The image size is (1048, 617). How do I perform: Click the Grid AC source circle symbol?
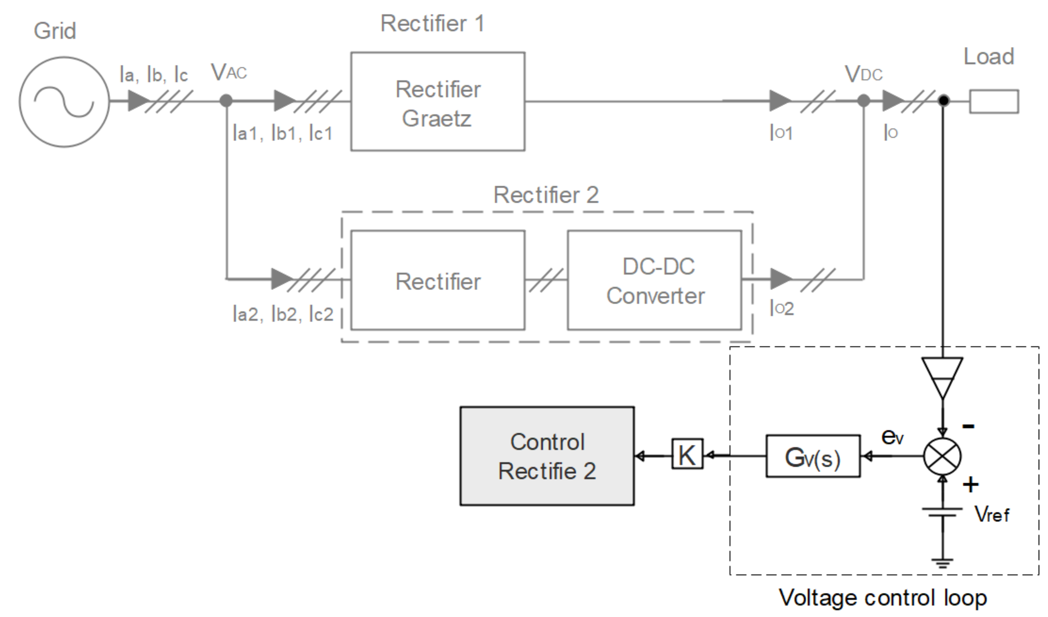pyautogui.click(x=64, y=102)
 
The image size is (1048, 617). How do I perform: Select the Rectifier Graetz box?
pyautogui.click(x=438, y=102)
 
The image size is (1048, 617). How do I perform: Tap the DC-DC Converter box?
pyautogui.click(x=655, y=281)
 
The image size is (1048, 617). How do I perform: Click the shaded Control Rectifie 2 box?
pyautogui.click(x=547, y=456)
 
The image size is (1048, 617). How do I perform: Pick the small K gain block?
pyautogui.click(x=687, y=454)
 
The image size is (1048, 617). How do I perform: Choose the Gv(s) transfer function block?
pyautogui.click(x=813, y=456)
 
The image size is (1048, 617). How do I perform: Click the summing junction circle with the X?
pyautogui.click(x=942, y=456)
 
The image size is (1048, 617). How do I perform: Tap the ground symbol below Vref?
pyautogui.click(x=942, y=563)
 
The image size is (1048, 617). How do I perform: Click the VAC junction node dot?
pyautogui.click(x=226, y=101)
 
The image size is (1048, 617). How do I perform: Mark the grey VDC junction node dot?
pyautogui.click(x=864, y=101)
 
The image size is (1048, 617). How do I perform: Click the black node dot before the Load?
pyautogui.click(x=944, y=101)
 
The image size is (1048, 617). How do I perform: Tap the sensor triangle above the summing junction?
pyautogui.click(x=943, y=377)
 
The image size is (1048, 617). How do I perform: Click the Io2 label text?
pyautogui.click(x=782, y=308)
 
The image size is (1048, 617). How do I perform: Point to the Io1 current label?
pyautogui.click(x=781, y=133)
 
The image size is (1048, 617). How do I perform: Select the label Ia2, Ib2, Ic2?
pyautogui.click(x=283, y=314)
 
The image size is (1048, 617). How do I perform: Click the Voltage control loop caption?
pyautogui.click(x=883, y=598)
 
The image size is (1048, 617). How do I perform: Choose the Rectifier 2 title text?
pyautogui.click(x=546, y=195)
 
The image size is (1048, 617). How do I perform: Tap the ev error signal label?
pyautogui.click(x=892, y=437)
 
